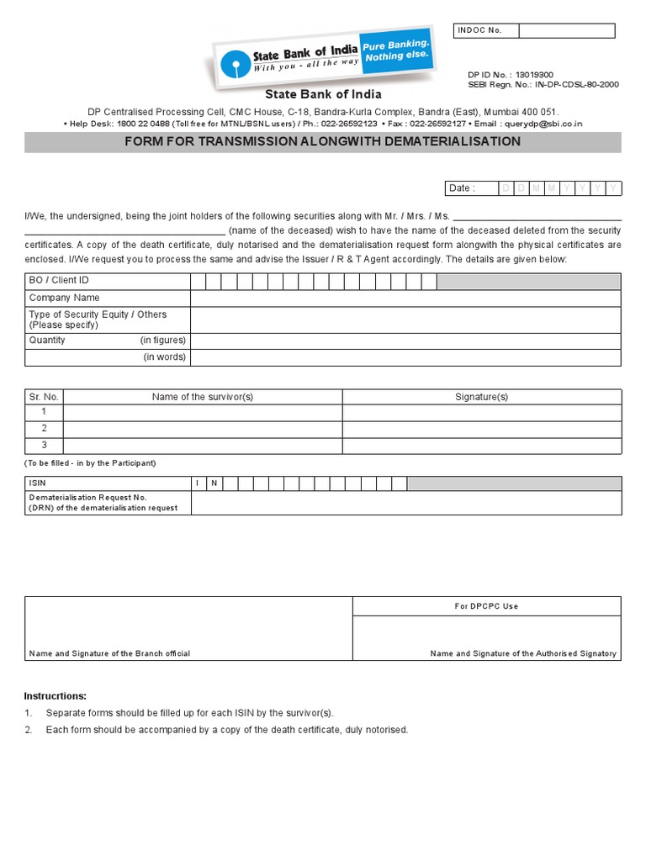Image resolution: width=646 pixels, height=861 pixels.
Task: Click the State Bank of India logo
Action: (324, 59)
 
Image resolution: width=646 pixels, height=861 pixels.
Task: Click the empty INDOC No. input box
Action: (566, 31)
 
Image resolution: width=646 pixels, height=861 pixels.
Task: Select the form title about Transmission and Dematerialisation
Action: (323, 141)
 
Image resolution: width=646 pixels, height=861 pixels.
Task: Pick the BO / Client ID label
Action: (59, 281)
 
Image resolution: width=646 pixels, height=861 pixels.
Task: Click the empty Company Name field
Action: (405, 298)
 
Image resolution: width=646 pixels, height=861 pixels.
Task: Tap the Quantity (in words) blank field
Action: (405, 357)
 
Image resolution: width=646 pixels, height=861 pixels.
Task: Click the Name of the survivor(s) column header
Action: (203, 397)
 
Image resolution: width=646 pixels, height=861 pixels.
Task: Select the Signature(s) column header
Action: (481, 397)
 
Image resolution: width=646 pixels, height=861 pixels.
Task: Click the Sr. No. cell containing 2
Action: (45, 429)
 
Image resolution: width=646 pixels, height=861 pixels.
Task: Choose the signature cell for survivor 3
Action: (481, 446)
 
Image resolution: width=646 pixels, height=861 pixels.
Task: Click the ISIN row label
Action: (38, 483)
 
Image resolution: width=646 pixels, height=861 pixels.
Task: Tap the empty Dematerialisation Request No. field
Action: (405, 503)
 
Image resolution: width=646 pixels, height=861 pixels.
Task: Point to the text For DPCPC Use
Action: (487, 606)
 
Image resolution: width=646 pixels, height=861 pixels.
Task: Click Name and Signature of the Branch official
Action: (109, 653)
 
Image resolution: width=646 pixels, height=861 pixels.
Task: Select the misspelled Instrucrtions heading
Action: (56, 696)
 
